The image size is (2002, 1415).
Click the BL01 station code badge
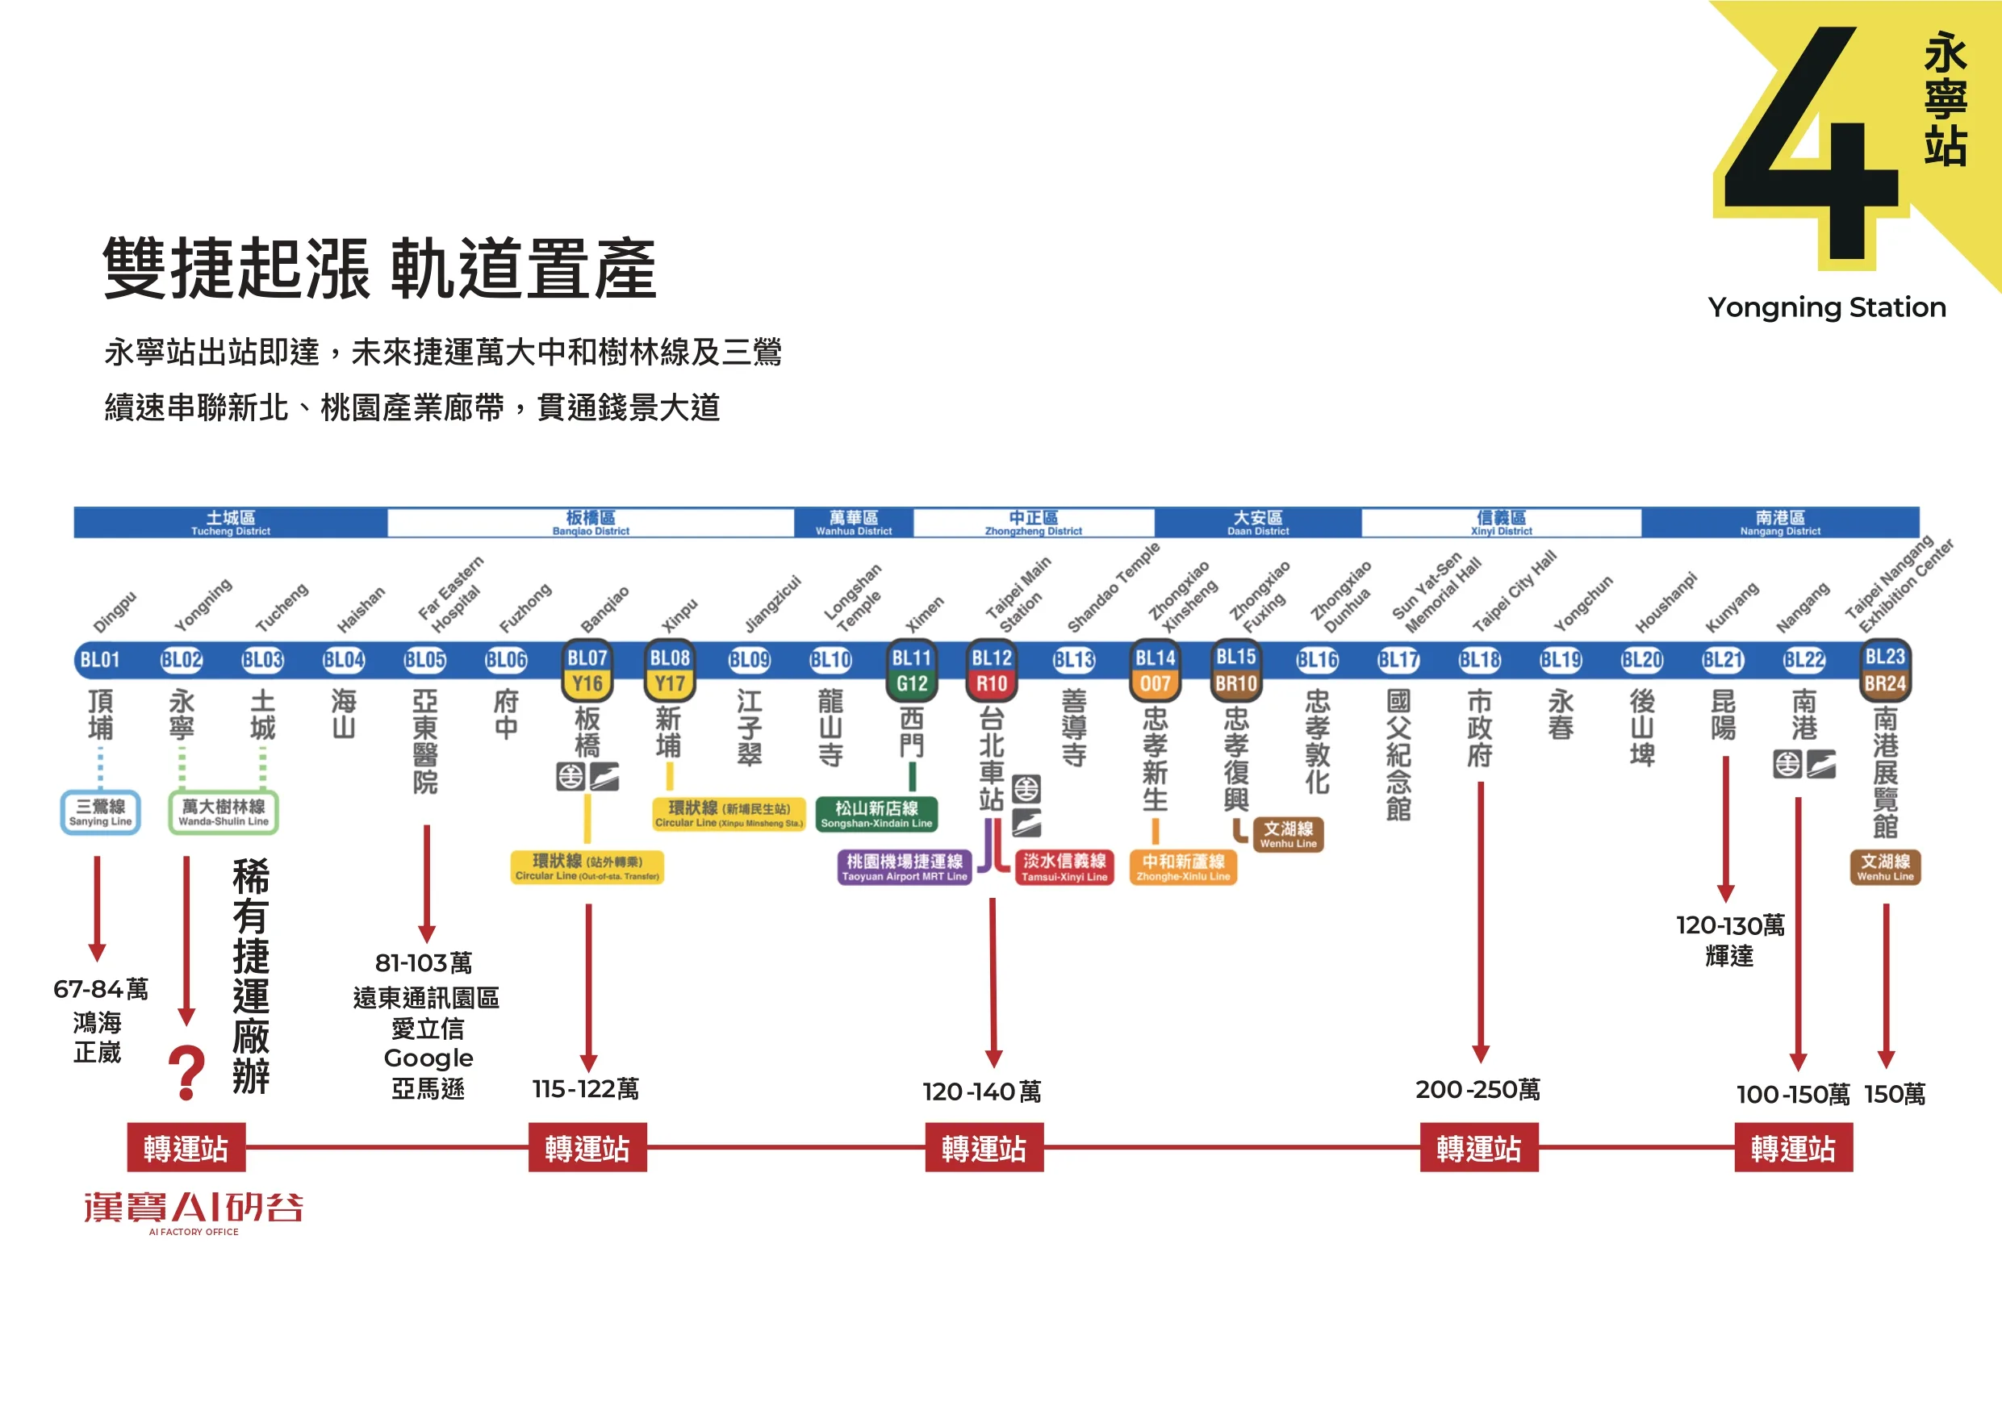99,660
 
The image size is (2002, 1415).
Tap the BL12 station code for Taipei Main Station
992,658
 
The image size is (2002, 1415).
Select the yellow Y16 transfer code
587,683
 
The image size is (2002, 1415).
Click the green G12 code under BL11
911,683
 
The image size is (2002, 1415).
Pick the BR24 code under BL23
1884,683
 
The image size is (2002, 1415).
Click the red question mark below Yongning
186,1073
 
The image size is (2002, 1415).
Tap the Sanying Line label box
100,812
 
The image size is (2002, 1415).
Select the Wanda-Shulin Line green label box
224,812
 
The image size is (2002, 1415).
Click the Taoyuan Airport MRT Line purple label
905,866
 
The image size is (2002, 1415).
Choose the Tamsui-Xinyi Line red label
1064,866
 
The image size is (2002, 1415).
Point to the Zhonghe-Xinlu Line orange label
1183,866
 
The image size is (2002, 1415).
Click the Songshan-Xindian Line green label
876,813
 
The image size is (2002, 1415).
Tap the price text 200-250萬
1478,1089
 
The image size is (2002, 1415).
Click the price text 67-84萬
100,989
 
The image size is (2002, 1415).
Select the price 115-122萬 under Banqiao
586,1089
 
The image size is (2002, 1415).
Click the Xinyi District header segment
1501,522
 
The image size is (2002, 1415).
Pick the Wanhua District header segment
853,522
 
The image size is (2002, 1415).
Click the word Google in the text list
428,1058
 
